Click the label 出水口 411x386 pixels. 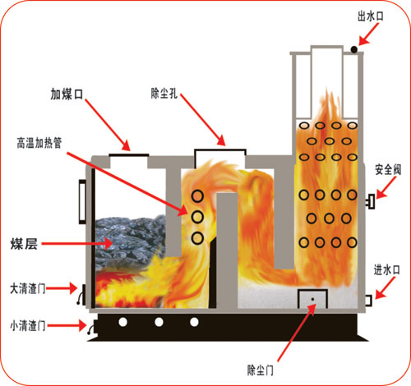coord(371,16)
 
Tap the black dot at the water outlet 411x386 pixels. coord(354,49)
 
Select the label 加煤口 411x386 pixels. coord(67,94)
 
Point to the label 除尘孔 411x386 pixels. coord(164,94)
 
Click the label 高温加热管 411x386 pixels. coord(39,143)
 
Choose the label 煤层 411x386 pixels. coord(24,244)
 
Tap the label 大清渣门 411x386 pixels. coord(28,288)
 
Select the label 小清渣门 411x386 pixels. coord(28,326)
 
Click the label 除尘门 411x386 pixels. coord(261,370)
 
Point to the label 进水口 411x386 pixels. coord(387,270)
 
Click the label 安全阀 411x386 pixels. coord(388,170)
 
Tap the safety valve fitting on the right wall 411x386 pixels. coord(371,201)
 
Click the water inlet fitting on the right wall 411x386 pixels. coord(368,301)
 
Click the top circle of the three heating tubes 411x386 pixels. coord(197,196)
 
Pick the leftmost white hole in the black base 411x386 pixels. coord(123,322)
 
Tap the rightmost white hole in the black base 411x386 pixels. coord(194,322)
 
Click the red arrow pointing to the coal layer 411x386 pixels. coord(77,243)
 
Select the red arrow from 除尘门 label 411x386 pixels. coord(297,333)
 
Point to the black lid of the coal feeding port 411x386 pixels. coord(129,155)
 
